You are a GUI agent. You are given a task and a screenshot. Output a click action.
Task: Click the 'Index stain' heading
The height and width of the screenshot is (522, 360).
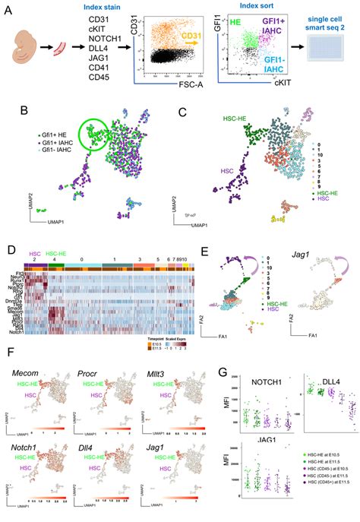tap(99, 8)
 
